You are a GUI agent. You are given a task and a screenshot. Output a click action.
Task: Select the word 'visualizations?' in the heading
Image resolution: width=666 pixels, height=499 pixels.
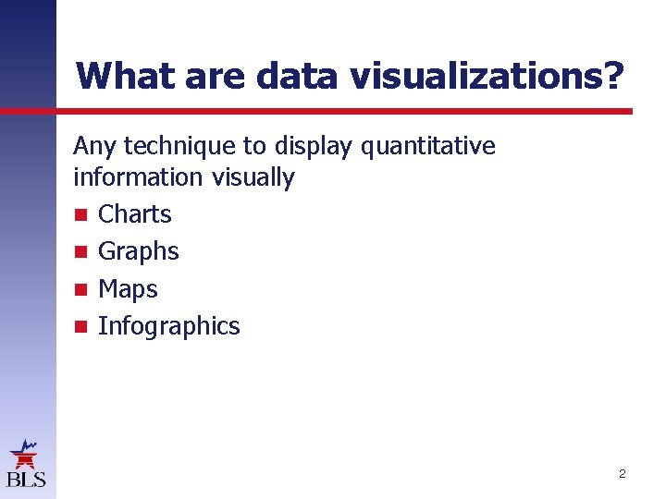click(x=487, y=75)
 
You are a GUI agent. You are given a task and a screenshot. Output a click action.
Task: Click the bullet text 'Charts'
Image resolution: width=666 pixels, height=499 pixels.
click(x=135, y=214)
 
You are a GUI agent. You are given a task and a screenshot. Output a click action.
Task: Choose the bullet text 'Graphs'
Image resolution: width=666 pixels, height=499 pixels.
click(x=139, y=251)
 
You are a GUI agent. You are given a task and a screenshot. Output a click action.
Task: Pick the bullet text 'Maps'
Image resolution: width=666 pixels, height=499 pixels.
click(x=128, y=289)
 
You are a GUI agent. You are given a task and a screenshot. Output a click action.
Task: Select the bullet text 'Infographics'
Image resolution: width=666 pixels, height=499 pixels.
click(x=168, y=326)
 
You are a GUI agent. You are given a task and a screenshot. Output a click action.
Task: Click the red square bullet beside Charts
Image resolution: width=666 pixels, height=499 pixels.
click(x=80, y=215)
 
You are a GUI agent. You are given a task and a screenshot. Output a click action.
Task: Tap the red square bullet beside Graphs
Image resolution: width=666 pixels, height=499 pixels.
click(x=80, y=252)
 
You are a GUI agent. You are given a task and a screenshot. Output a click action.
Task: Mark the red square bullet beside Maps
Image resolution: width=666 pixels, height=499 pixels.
click(x=80, y=289)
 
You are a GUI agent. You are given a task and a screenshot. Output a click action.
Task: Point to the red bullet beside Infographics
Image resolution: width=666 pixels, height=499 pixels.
click(x=80, y=326)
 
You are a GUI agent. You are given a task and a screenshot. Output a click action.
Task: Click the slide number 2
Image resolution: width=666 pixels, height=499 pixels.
click(x=622, y=474)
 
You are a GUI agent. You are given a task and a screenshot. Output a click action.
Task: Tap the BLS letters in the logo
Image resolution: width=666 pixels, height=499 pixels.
click(x=26, y=479)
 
